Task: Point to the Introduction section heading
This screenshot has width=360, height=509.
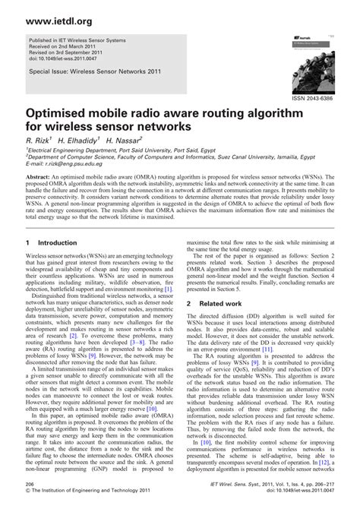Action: [52, 242]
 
